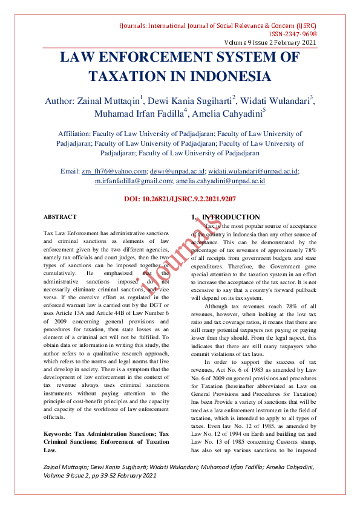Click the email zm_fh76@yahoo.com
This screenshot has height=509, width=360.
point(114,171)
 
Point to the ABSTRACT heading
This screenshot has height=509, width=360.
point(60,216)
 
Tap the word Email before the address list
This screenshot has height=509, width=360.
point(70,171)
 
